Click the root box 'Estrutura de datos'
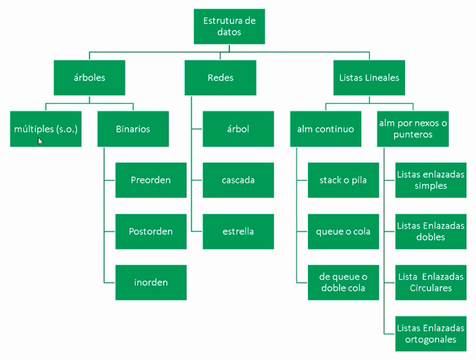tap(229, 26)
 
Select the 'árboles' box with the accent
tap(89, 77)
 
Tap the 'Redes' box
tap(220, 77)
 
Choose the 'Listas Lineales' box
tap(369, 77)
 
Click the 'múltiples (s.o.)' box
tap(46, 129)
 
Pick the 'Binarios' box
tap(133, 129)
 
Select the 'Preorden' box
tap(151, 180)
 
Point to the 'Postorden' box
tap(151, 232)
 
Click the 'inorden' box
tap(151, 283)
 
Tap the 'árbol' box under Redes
tap(238, 129)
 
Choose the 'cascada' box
tap(238, 180)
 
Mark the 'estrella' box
tap(238, 232)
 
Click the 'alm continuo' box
tap(325, 129)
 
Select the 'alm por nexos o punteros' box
tap(414, 129)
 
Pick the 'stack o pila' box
tap(343, 180)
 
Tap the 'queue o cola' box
tap(343, 232)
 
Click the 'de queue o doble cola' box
tap(343, 283)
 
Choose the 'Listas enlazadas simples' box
tap(431, 180)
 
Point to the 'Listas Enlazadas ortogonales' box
tap(431, 334)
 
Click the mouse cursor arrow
tap(40, 141)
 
